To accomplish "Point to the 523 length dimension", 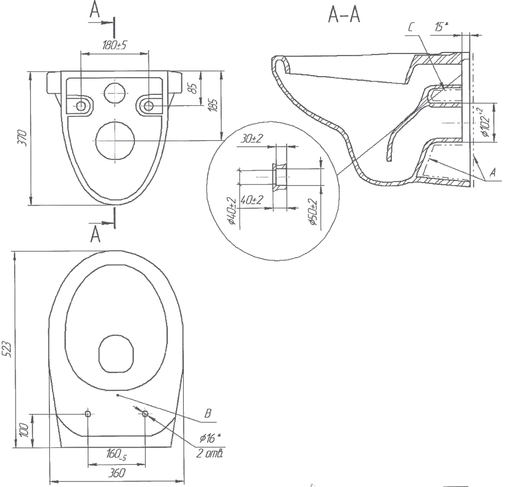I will point(7,348).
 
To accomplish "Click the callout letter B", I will point(207,414).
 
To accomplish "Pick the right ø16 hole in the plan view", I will point(145,414).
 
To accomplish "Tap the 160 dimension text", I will point(115,454).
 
